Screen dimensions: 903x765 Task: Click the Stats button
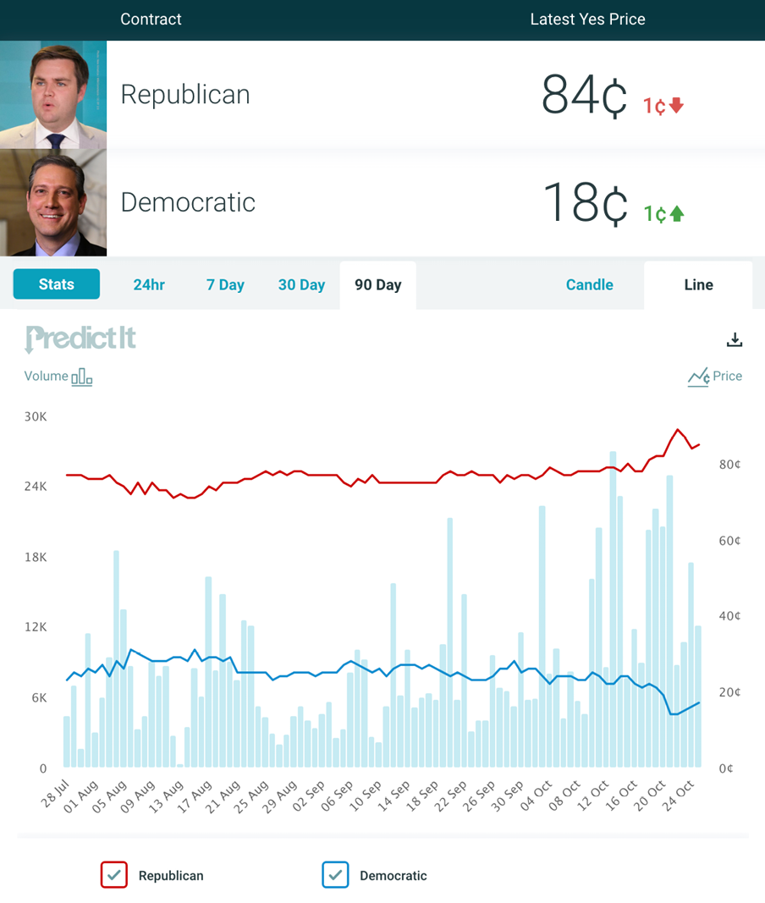(57, 284)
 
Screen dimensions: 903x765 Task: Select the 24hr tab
(149, 285)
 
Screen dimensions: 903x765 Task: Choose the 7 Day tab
(225, 285)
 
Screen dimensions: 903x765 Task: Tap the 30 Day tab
(301, 285)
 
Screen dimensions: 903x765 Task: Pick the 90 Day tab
(377, 285)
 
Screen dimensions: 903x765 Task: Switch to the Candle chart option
(589, 285)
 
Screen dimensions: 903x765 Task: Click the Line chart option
(698, 285)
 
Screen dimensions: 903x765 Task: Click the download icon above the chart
(735, 339)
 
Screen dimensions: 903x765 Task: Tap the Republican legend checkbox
(113, 875)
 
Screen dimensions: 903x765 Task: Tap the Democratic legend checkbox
(335, 875)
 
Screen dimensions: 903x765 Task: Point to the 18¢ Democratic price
(584, 203)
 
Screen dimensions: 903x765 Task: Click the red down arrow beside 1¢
(676, 106)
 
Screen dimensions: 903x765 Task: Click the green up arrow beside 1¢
(676, 214)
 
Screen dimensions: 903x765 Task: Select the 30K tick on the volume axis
(36, 417)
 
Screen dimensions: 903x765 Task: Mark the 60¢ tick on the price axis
(729, 541)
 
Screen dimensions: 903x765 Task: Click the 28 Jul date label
(55, 794)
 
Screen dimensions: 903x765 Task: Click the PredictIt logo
(80, 339)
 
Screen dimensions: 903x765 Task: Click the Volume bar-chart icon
(82, 377)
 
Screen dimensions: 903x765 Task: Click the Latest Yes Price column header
(587, 19)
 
